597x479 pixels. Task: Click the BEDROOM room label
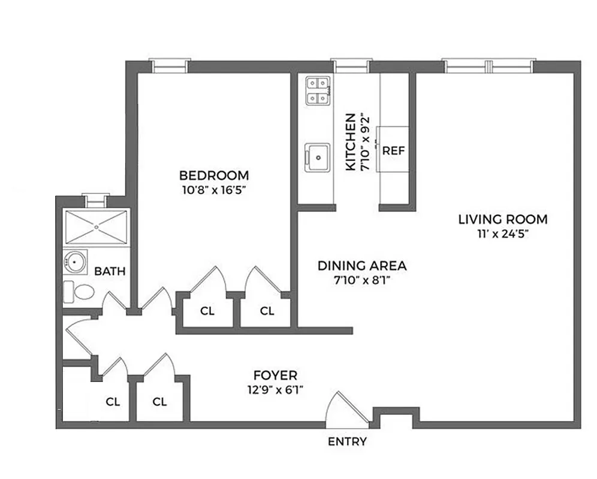214,175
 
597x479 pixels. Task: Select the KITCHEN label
351,142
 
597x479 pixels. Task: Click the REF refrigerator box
394,149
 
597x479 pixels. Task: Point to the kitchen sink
317,157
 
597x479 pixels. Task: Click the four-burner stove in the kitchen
318,91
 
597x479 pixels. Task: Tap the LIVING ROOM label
502,219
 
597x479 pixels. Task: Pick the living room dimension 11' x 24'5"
502,234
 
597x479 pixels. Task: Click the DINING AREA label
362,265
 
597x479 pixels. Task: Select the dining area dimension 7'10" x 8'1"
362,280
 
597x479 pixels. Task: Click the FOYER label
275,375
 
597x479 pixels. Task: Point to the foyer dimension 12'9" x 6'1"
275,390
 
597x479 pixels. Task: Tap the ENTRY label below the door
347,442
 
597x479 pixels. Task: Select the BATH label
110,271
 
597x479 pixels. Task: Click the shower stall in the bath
97,226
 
